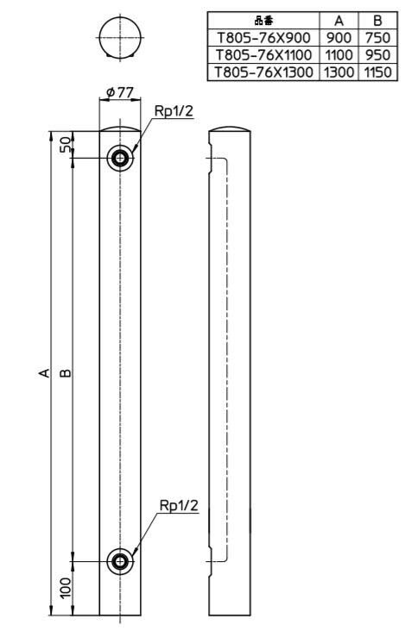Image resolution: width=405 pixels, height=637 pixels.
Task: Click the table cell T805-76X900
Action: point(263,38)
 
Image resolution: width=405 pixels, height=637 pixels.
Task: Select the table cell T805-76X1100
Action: point(263,55)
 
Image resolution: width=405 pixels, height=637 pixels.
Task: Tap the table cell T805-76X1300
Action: point(263,72)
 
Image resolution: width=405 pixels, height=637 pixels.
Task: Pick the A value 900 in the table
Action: point(339,38)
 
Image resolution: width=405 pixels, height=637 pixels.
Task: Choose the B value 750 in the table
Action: point(377,38)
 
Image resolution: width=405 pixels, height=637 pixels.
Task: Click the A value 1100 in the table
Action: point(339,55)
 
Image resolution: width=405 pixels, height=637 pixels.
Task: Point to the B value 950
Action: point(377,55)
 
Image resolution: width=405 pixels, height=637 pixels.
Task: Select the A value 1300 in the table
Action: point(339,72)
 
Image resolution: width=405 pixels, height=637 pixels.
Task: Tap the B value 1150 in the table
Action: point(377,72)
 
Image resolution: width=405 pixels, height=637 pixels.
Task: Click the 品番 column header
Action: point(263,21)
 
